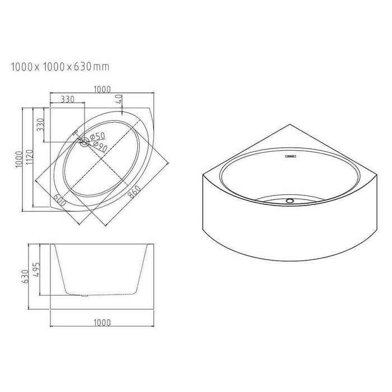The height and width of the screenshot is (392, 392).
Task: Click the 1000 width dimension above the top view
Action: point(102,89)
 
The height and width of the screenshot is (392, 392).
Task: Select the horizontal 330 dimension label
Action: point(68,99)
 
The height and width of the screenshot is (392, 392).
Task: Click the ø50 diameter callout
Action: point(96,136)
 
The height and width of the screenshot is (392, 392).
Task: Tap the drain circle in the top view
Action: point(84,142)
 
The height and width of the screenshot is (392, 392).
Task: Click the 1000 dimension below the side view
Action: point(102,322)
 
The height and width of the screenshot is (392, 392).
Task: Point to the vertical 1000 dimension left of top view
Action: point(20,158)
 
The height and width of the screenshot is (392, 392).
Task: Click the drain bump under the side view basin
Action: point(84,295)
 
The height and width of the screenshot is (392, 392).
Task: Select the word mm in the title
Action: point(101,68)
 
